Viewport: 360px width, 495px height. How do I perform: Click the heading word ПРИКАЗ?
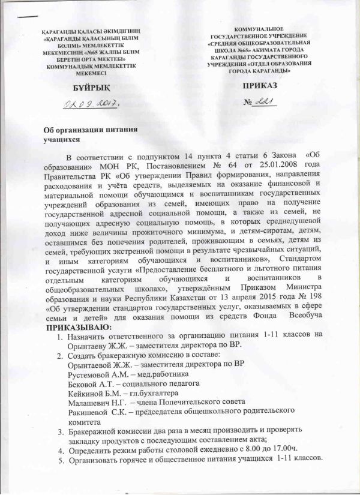point(257,88)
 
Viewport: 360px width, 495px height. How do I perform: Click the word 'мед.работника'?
point(161,374)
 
